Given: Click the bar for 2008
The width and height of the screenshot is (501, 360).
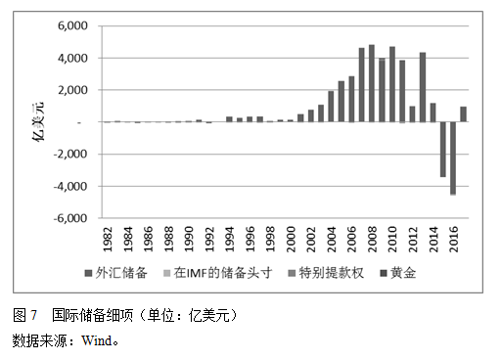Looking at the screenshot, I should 372,84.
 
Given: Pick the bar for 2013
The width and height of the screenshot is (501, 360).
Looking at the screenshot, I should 423,87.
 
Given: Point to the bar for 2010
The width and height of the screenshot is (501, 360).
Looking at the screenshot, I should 392,85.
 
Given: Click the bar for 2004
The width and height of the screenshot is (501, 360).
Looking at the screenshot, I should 331,107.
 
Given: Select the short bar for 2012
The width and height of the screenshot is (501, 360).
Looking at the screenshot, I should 413,113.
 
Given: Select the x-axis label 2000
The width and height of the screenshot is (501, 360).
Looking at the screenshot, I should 291,239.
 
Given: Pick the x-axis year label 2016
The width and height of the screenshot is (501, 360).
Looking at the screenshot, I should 453,239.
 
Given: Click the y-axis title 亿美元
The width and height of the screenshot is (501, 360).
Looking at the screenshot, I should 39,122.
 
